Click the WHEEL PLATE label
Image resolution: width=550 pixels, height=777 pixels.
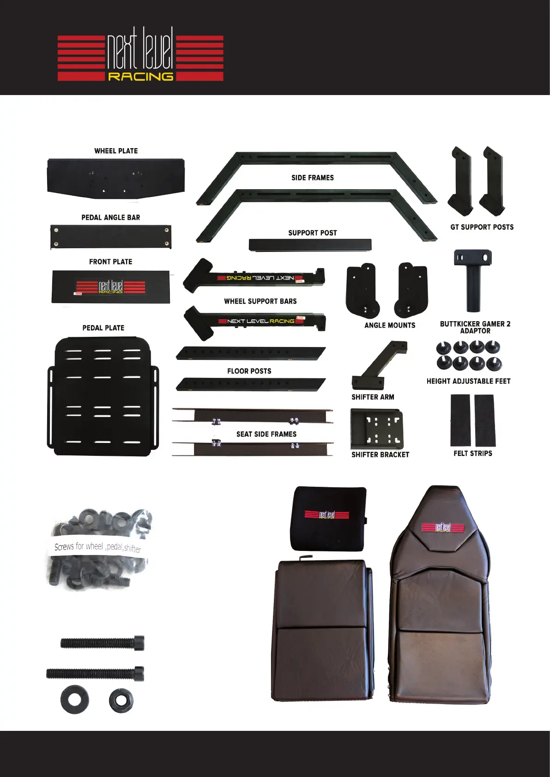116,151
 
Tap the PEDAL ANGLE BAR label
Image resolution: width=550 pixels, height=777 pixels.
111,217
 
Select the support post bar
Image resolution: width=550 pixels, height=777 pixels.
310,245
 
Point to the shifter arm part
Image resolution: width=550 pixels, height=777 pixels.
379,364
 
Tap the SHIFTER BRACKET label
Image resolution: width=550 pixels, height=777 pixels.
380,454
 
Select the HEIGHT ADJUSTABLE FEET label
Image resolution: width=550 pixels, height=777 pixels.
468,381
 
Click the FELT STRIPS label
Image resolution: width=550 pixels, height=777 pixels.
472,454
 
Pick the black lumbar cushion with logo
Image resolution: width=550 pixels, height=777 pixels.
328,518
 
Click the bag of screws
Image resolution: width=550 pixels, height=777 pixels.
98,549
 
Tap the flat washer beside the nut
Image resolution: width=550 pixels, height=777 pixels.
74,700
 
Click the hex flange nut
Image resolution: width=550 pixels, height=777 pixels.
121,701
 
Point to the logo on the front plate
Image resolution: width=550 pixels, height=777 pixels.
111,287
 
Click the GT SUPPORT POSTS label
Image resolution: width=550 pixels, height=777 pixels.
482,227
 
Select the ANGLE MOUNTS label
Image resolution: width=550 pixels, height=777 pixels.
390,325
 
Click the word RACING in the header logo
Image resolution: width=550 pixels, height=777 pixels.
140,77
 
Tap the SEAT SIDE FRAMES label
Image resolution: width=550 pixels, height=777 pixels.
266,434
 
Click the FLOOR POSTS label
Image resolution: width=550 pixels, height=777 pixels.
249,371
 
